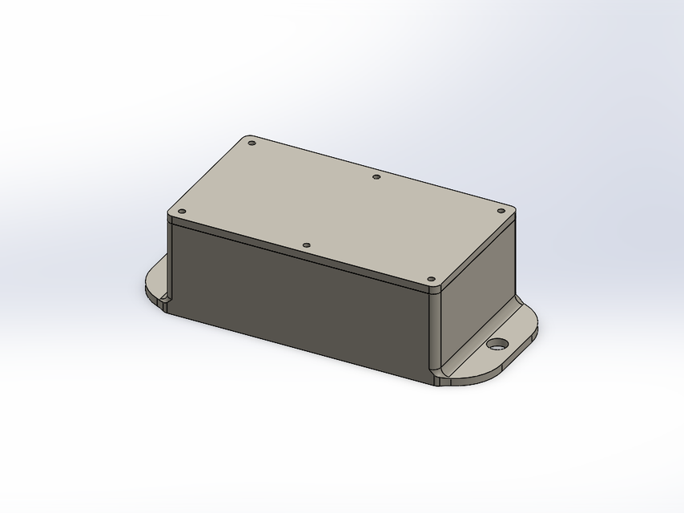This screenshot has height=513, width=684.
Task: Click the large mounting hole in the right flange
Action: coord(497,345)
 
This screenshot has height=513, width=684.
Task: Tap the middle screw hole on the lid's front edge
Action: coord(306,245)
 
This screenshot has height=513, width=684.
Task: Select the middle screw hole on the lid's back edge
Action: coord(376,176)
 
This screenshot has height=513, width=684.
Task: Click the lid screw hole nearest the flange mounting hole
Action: coord(432,280)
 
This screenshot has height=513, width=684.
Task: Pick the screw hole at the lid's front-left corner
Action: coord(182,212)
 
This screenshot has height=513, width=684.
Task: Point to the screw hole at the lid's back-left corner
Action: coord(251,143)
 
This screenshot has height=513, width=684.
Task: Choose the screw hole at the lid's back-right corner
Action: coord(501,211)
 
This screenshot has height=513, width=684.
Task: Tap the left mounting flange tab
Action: coord(156,282)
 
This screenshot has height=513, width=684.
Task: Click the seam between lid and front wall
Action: coord(304,257)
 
